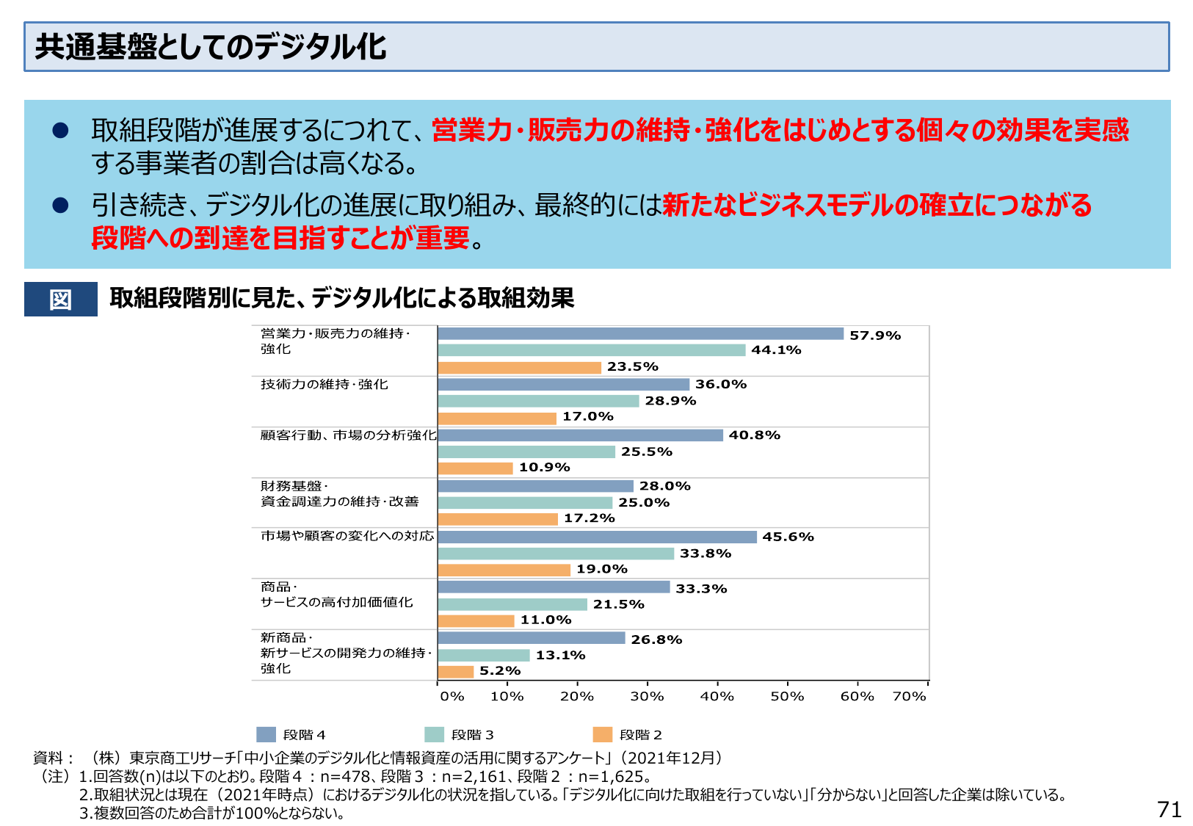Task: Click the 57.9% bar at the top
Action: [x=640, y=334]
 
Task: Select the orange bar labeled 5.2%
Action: [x=456, y=671]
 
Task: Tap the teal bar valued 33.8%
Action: [x=556, y=554]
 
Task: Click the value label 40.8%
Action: [x=754, y=435]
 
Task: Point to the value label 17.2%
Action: [x=589, y=518]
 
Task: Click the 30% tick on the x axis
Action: [x=647, y=696]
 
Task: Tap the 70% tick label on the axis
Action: [x=909, y=696]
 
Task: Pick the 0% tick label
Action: [x=452, y=696]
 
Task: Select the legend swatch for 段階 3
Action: [x=435, y=735]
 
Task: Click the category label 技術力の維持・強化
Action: [x=324, y=385]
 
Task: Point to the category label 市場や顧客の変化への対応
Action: [x=347, y=536]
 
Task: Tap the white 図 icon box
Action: [x=60, y=300]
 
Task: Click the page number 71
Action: [x=1169, y=809]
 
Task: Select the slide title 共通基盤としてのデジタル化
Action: [x=211, y=47]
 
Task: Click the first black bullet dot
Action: [x=60, y=131]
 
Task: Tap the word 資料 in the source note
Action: [x=48, y=758]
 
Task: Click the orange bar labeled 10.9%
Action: [x=475, y=468]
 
